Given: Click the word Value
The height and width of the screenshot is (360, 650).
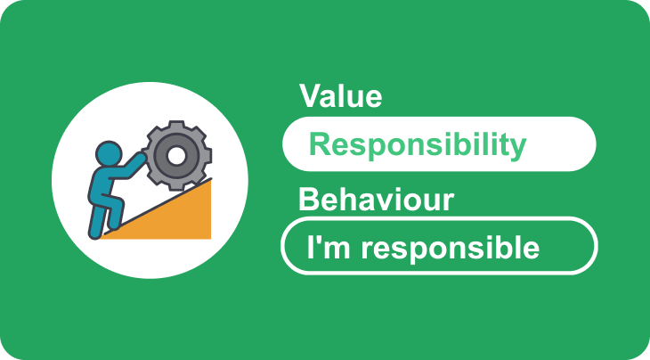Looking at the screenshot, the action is pos(340,96).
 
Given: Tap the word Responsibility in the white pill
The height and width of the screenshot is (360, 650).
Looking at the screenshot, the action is pos(418,145).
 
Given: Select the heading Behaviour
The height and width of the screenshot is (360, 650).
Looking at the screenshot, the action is pos(376,200).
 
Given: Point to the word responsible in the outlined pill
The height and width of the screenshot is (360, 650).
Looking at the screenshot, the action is pos(451,248).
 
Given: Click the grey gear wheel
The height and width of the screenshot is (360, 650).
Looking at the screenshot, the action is pos(177,156).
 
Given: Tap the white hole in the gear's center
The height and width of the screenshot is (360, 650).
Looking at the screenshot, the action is pos(176,156).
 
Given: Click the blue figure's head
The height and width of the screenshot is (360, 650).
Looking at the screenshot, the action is pos(109,154).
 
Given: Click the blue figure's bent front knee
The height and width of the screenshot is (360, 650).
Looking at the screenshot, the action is pos(118,203).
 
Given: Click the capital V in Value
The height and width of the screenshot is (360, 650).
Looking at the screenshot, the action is pos(311,96).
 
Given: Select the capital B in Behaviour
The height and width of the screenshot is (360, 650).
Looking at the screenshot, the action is pos(309,200).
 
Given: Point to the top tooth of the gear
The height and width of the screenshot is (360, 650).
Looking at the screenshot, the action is pos(177,125).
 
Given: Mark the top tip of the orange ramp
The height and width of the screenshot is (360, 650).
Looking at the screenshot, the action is pos(211,179).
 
